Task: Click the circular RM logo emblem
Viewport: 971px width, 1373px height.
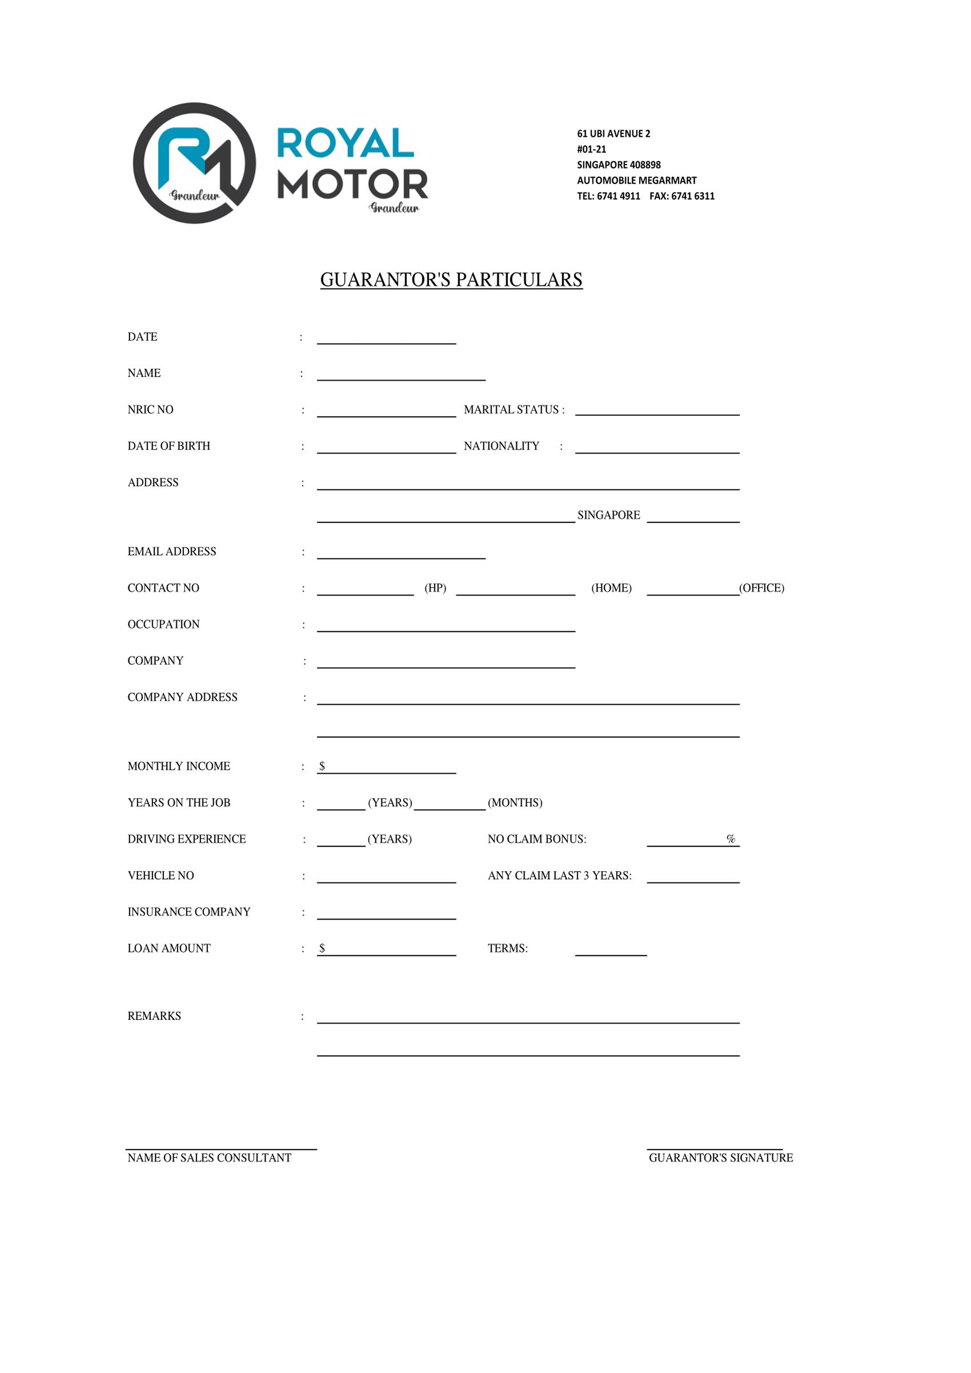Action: (194, 163)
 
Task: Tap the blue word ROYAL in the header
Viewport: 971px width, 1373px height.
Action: (345, 144)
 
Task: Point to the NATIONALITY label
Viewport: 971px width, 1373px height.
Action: (501, 446)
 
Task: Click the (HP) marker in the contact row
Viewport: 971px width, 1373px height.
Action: (435, 588)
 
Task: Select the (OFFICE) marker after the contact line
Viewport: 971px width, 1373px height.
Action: (761, 588)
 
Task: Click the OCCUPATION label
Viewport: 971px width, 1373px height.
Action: (163, 624)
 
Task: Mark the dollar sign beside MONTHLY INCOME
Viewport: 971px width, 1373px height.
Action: (322, 766)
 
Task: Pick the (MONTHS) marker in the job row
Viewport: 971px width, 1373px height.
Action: (515, 803)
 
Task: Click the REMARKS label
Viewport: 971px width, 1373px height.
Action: (154, 1016)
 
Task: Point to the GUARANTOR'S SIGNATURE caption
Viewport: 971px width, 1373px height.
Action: (720, 1158)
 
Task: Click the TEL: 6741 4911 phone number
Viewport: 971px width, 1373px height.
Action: (608, 196)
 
